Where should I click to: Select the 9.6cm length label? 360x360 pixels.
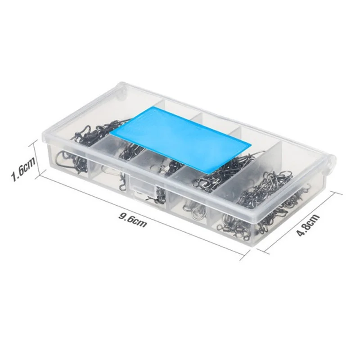point(132,220)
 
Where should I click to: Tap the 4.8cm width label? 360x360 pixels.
point(308,225)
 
